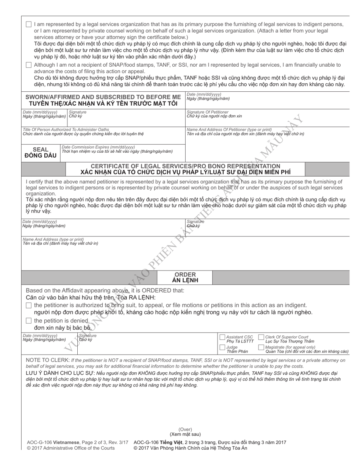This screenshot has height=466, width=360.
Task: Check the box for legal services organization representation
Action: pyautogui.click(x=29, y=24)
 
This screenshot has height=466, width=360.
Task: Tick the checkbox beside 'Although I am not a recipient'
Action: pyautogui.click(x=29, y=65)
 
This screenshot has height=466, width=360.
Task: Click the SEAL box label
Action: pyautogui.click(x=41, y=150)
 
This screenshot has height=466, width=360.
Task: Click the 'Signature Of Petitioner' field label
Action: pyautogui.click(x=208, y=112)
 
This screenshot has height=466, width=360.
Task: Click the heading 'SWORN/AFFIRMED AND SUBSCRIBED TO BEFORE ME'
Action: pyautogui.click(x=103, y=97)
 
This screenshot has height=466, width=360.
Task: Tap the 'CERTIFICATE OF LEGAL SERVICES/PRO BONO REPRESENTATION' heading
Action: pyautogui.click(x=186, y=166)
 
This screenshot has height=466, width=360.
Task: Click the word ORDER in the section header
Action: pyautogui.click(x=185, y=274)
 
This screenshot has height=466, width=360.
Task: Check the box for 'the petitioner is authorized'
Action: pyautogui.click(x=29, y=305)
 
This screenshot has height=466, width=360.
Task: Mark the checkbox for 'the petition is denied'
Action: pyautogui.click(x=29, y=321)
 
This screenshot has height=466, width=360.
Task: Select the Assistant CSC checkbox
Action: pyautogui.click(x=222, y=337)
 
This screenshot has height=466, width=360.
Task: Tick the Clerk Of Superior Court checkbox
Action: pyautogui.click(x=261, y=337)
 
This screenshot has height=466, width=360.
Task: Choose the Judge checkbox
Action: pyautogui.click(x=222, y=347)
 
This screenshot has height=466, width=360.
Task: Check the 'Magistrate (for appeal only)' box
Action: pyautogui.click(x=261, y=347)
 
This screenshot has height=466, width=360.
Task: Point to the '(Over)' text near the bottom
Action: pyautogui.click(x=185, y=429)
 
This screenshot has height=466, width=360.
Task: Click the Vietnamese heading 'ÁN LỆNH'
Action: pyautogui.click(x=185, y=281)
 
